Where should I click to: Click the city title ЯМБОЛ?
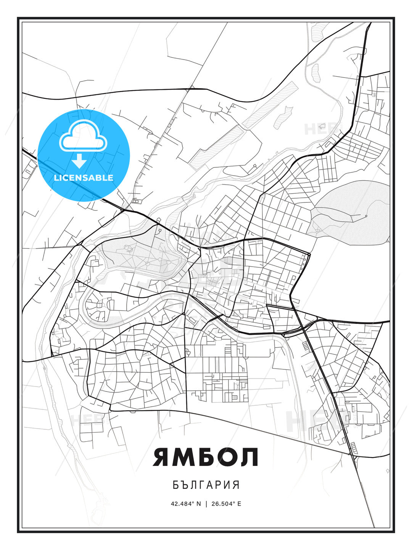tap(206, 457)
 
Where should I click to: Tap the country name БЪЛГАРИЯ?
tap(206, 485)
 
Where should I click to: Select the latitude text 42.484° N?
tap(186, 504)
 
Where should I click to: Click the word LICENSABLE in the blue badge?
tap(84, 178)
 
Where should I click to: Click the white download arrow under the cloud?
tap(79, 161)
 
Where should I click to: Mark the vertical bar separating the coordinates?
tap(206, 504)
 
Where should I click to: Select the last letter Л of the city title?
tap(249, 457)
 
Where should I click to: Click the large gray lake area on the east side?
tap(351, 210)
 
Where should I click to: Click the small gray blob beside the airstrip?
tap(286, 113)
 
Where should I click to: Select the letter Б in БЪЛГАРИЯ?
tap(176, 485)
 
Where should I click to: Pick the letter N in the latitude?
tap(198, 504)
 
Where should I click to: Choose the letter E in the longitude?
tap(239, 504)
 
